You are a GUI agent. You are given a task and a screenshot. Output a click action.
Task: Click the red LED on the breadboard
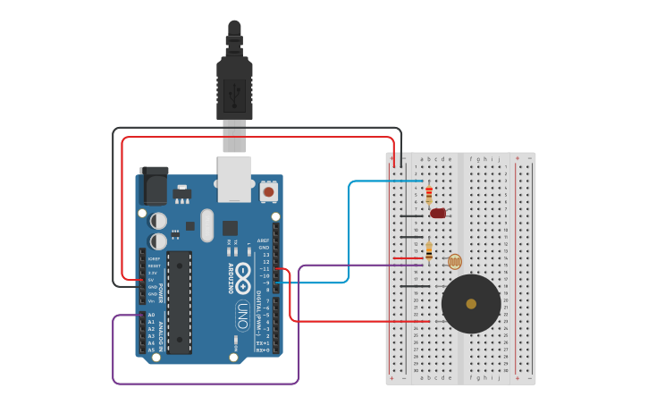pyautogui.click(x=438, y=213)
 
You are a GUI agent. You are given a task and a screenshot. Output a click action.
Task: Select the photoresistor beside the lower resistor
pyautogui.click(x=454, y=261)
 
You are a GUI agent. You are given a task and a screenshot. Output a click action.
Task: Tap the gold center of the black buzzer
pyautogui.click(x=471, y=304)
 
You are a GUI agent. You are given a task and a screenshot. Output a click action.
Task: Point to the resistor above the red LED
pyautogui.click(x=429, y=194)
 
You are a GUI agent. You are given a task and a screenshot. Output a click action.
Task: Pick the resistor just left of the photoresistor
pyautogui.click(x=429, y=252)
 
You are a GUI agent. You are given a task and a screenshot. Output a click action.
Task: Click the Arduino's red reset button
pyautogui.click(x=267, y=191)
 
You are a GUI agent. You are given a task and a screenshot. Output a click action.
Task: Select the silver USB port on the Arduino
pyautogui.click(x=234, y=179)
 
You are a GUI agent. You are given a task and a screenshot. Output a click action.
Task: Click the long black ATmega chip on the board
pyautogui.click(x=179, y=301)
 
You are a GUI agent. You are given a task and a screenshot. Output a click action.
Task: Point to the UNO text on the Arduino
pyautogui.click(x=242, y=315)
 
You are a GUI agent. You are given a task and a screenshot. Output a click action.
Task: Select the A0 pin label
pyautogui.click(x=151, y=315)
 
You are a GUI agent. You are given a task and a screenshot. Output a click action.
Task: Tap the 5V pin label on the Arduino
pyautogui.click(x=152, y=280)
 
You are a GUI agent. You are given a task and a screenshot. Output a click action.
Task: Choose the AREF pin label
pyautogui.click(x=264, y=240)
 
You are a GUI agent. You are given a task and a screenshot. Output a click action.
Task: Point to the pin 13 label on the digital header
pyautogui.click(x=265, y=255)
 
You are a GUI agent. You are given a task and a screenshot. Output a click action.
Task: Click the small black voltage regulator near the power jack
pyautogui.click(x=181, y=192)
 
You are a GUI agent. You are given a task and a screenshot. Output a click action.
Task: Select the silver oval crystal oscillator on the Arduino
pyautogui.click(x=207, y=225)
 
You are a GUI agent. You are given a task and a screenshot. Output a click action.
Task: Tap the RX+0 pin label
pyautogui.click(x=263, y=350)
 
